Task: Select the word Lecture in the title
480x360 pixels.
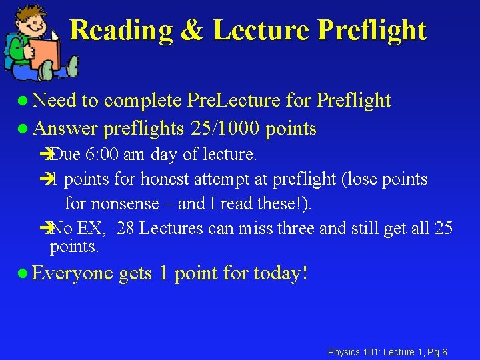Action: [x=261, y=30]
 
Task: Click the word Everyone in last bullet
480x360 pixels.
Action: [x=72, y=273]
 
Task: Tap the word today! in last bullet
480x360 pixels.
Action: [x=281, y=273]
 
